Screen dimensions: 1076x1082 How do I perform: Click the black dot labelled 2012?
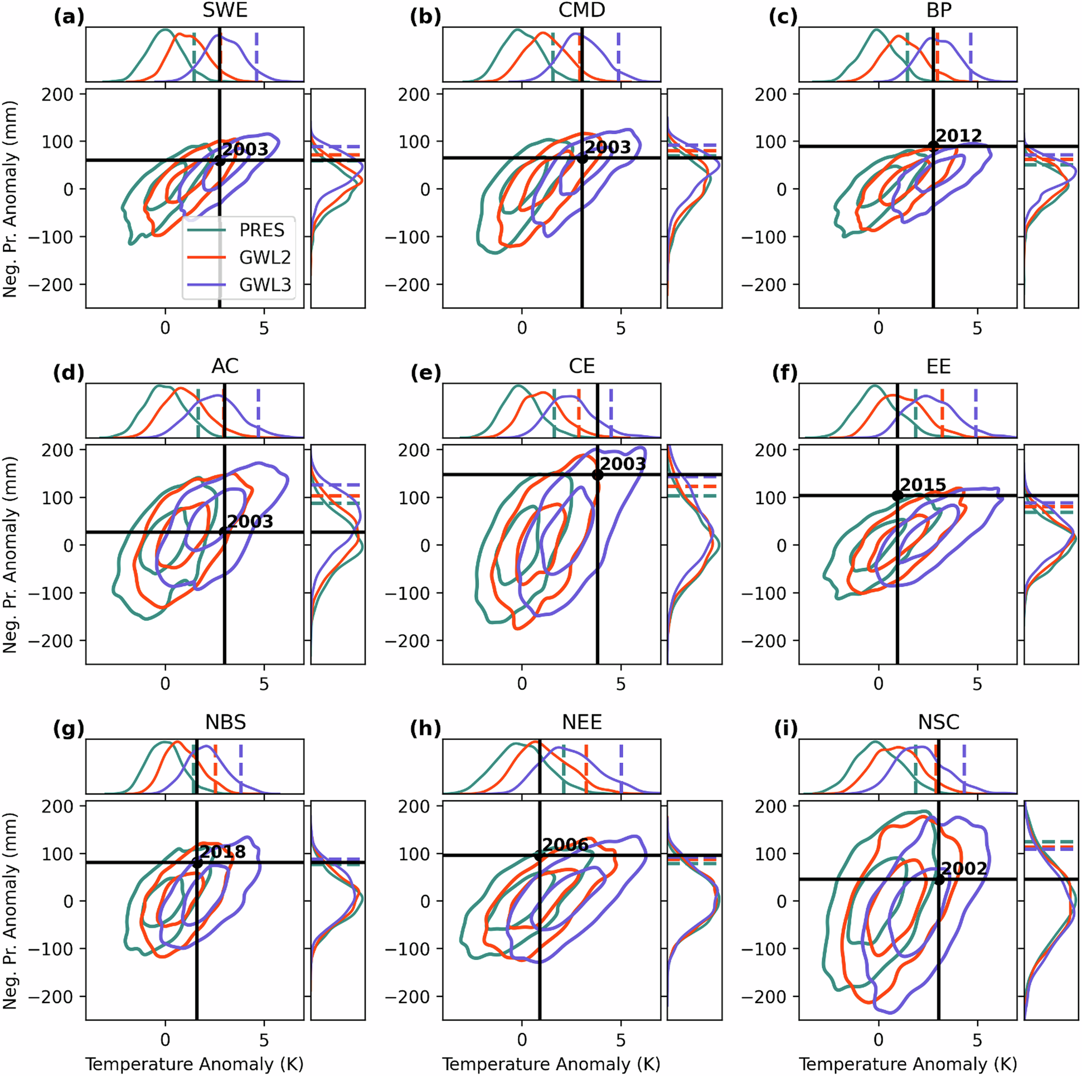pos(933,146)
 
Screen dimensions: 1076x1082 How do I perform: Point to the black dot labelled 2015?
pos(897,495)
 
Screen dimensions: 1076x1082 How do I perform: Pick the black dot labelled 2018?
pos(197,862)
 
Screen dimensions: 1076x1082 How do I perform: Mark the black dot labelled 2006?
pos(539,855)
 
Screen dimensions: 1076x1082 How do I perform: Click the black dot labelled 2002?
pos(939,879)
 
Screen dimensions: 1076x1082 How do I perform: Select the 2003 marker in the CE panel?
pos(598,475)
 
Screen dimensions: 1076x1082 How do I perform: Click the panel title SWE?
pos(225,11)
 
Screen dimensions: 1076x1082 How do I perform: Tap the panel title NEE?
pos(582,722)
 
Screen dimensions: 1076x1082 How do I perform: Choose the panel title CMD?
pos(582,11)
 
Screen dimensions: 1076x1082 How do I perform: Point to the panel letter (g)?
pos(69,728)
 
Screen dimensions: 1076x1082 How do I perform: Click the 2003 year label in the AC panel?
pos(250,521)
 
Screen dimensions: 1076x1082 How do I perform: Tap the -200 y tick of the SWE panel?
pos(54,285)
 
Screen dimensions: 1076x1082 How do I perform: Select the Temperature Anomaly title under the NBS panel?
pos(195,1063)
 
